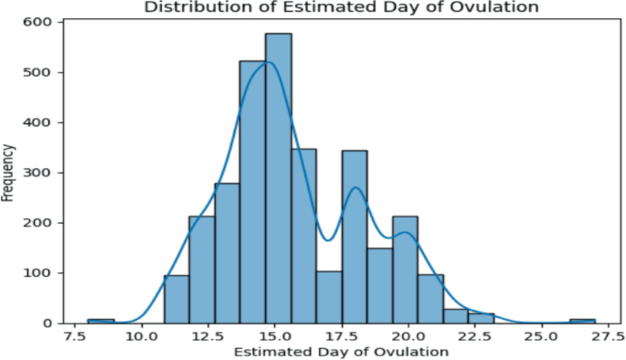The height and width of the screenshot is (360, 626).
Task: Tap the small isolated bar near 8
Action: [101, 321]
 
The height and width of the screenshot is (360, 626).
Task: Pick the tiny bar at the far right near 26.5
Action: [582, 321]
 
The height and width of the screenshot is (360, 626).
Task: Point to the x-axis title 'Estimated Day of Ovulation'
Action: [342, 351]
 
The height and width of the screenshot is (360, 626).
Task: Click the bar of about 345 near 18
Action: [355, 237]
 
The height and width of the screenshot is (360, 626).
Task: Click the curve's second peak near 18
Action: [355, 187]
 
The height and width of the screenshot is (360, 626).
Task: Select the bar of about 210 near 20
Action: [406, 270]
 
